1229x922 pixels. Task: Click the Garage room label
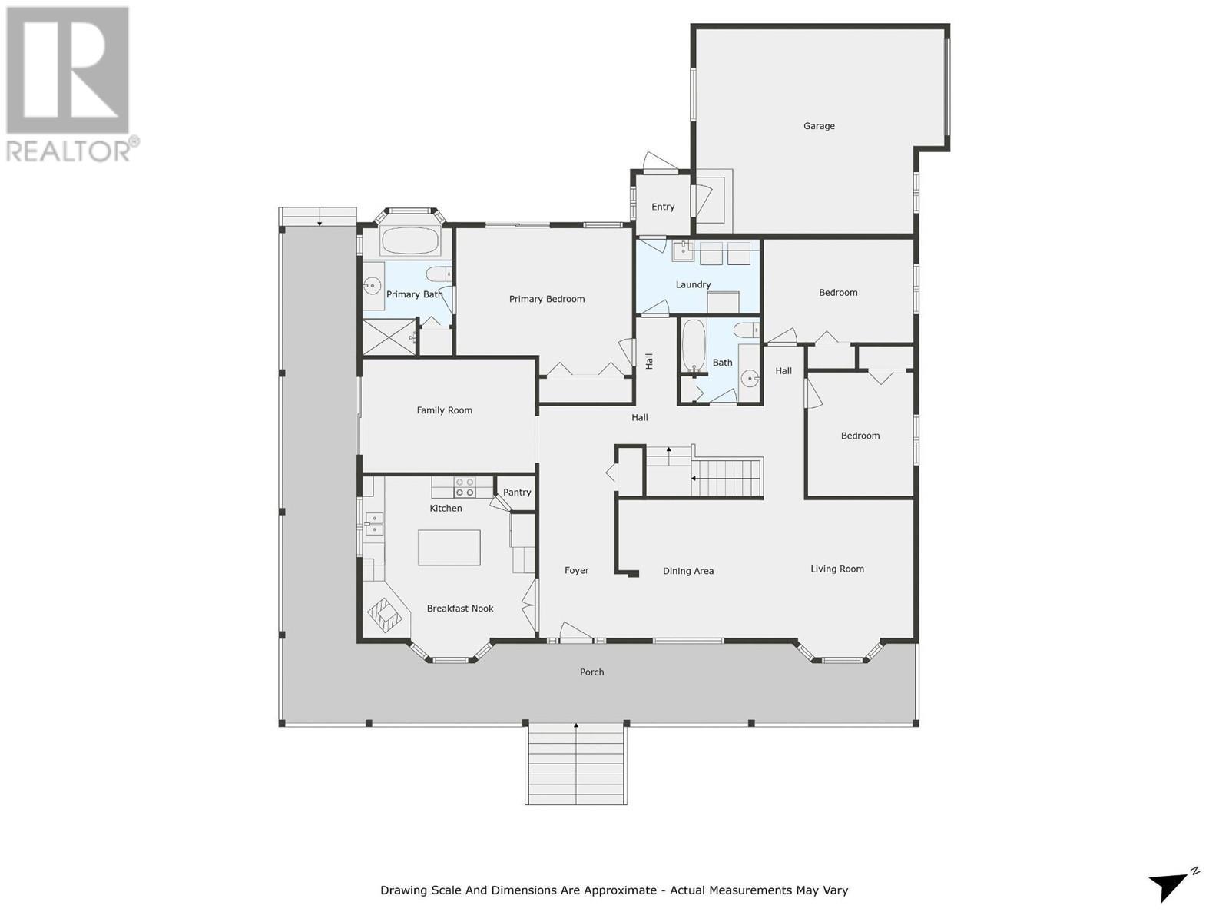tap(819, 126)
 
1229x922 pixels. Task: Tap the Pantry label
tap(517, 493)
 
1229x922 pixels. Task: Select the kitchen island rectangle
tap(449, 548)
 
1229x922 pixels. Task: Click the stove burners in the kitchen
tap(465, 487)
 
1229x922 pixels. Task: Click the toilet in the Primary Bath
tap(439, 274)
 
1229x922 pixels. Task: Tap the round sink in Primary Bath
tap(373, 287)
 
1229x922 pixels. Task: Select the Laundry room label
tap(693, 284)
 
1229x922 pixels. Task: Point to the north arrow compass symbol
tap(1171, 885)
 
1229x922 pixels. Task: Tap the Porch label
tap(591, 672)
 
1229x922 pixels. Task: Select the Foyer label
tap(576, 570)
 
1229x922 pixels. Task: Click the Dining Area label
tap(688, 571)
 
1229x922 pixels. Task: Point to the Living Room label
tap(837, 569)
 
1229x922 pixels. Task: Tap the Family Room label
tap(444, 410)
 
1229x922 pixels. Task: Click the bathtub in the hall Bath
tap(694, 346)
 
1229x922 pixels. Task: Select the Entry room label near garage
tap(663, 207)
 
